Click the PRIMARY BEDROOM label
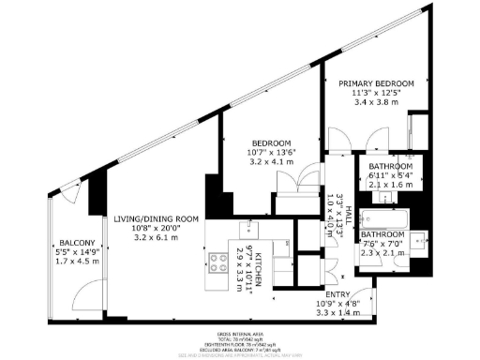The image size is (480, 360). coord(375,83)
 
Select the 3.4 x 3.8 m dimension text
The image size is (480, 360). coord(375,104)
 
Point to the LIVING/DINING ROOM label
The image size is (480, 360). coord(155,218)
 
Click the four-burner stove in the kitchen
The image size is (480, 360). coord(219,263)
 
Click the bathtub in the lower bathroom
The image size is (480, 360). coord(383,222)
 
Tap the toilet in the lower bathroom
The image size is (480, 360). coord(419,238)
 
